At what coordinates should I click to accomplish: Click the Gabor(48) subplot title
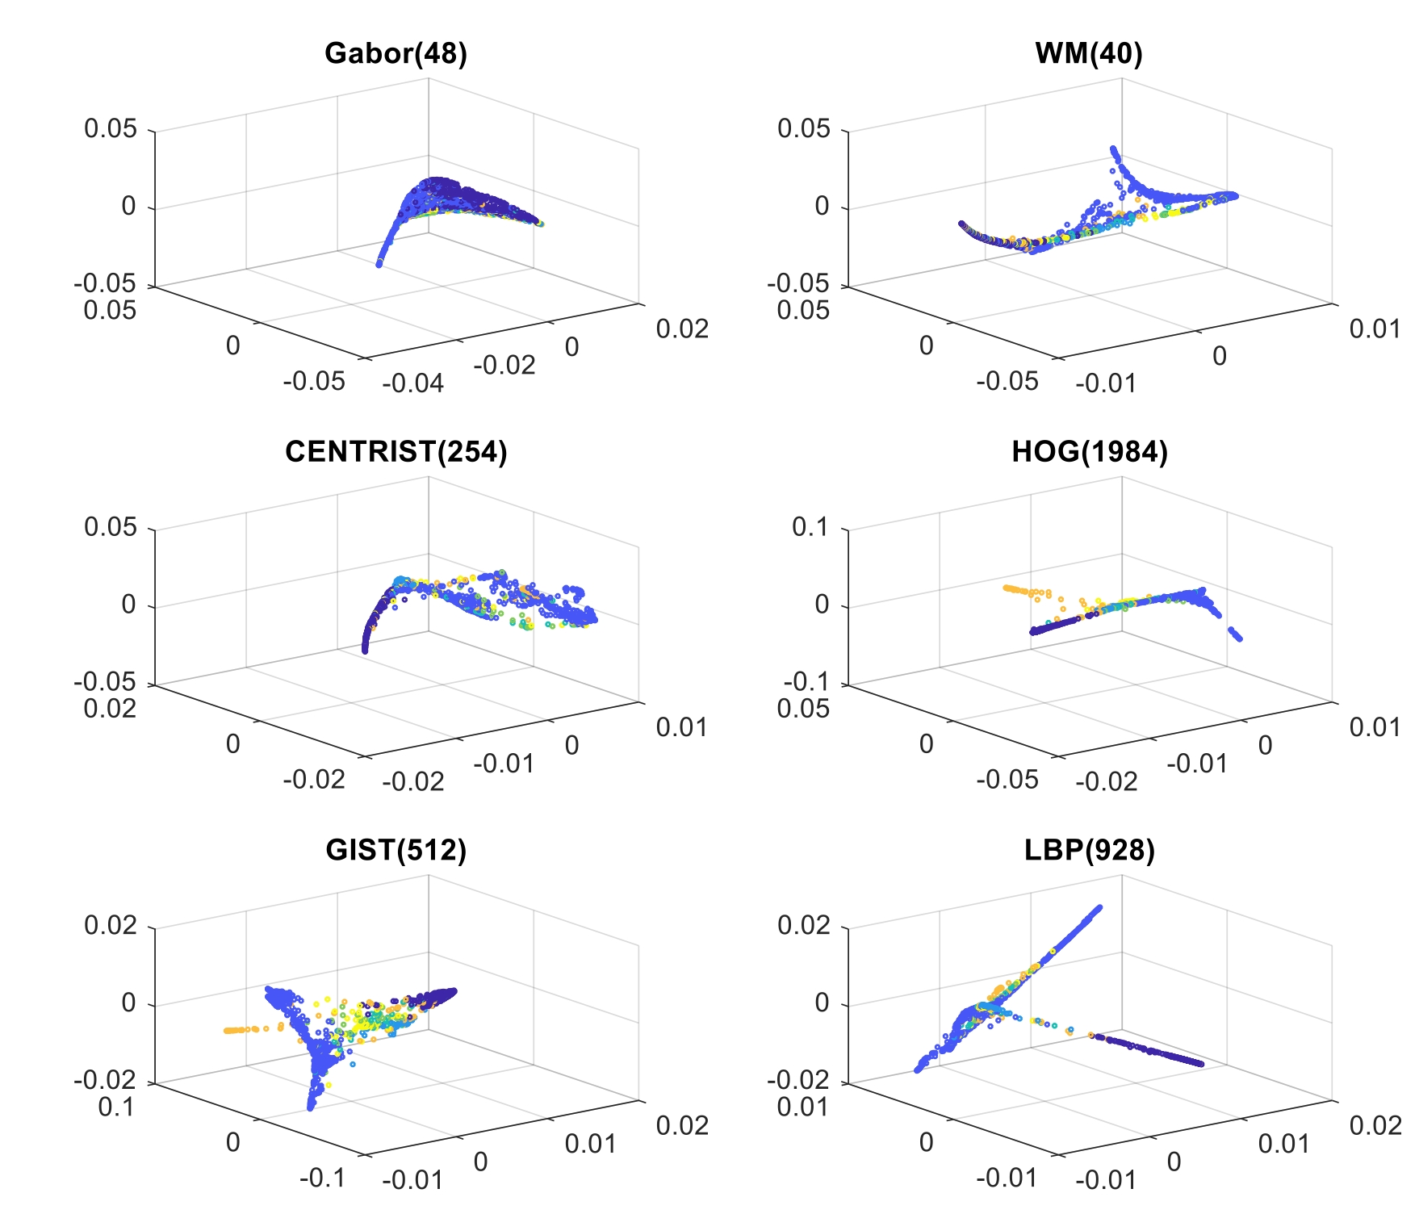[x=396, y=53]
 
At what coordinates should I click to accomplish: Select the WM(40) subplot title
[x=1089, y=53]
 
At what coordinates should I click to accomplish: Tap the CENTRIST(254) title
[x=396, y=452]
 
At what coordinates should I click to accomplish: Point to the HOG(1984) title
[x=1089, y=452]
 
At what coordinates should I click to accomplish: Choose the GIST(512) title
[x=396, y=850]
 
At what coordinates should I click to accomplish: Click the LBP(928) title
[x=1089, y=850]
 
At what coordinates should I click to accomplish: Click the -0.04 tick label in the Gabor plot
[x=412, y=383]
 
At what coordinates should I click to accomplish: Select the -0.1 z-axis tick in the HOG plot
[x=805, y=682]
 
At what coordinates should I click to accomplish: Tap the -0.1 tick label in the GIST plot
[x=322, y=1178]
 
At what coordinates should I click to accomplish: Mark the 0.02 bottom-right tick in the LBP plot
[x=1375, y=1125]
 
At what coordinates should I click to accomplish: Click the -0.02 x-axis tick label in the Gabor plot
[x=504, y=365]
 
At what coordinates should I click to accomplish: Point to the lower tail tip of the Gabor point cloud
[x=379, y=263]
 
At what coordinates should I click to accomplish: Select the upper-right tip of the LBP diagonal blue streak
[x=1098, y=908]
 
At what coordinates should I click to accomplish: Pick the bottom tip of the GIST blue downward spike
[x=311, y=1107]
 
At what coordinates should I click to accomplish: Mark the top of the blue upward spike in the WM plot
[x=1114, y=149]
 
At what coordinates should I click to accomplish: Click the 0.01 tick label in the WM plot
[x=1375, y=329]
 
